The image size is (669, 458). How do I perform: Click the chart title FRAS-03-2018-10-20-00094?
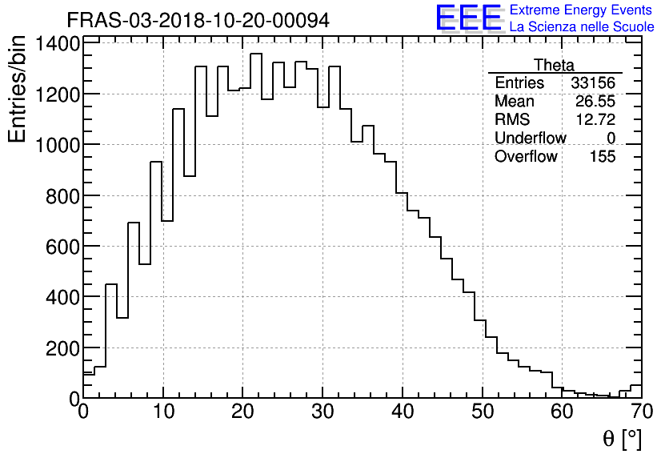198,20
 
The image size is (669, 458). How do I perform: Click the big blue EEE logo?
469,18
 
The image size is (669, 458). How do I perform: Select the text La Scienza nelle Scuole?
581,27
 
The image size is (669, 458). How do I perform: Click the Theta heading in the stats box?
554,65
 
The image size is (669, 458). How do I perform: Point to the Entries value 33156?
593,83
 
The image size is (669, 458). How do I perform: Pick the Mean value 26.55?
595,102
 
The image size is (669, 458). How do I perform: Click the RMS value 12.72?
595,120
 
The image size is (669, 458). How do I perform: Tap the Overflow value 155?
602,157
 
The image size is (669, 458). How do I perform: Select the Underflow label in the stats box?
530,139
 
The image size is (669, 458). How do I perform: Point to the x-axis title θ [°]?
622,439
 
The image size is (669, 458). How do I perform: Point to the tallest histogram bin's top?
256,54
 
